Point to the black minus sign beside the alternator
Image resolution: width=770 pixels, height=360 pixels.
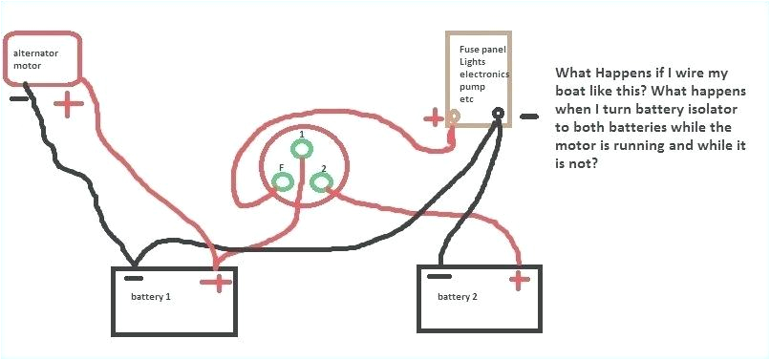pyautogui.click(x=18, y=97)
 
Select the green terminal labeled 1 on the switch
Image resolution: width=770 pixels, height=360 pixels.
pyautogui.click(x=302, y=148)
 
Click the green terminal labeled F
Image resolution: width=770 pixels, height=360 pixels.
pyautogui.click(x=284, y=183)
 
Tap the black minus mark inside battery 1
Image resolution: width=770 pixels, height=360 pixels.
pyautogui.click(x=135, y=279)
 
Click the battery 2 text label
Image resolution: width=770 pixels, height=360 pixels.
pyautogui.click(x=458, y=296)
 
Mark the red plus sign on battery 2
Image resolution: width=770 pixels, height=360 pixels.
pyautogui.click(x=519, y=280)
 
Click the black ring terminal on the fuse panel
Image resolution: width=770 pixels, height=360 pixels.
pyautogui.click(x=498, y=116)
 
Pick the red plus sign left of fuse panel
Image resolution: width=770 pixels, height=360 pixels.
pyautogui.click(x=434, y=117)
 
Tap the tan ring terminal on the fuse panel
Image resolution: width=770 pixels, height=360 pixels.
pyautogui.click(x=455, y=116)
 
